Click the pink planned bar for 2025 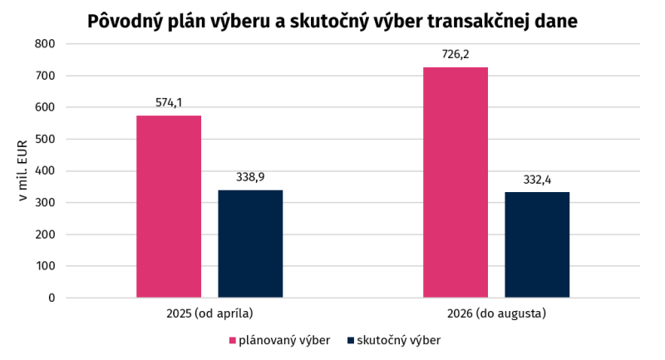(169, 206)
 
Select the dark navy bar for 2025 (251, 244)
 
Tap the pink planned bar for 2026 (456, 182)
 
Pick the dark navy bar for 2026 (537, 244)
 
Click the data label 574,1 (169, 102)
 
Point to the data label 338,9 (251, 177)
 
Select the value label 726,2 (456, 54)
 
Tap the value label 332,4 (537, 180)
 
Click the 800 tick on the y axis (45, 44)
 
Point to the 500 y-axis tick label (45, 139)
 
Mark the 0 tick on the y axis (52, 298)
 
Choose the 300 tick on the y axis (45, 203)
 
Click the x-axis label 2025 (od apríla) (209, 313)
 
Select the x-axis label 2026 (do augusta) (496, 313)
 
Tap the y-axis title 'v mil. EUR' (23, 170)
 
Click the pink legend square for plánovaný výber (233, 341)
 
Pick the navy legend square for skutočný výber (351, 341)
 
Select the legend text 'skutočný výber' (399, 341)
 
